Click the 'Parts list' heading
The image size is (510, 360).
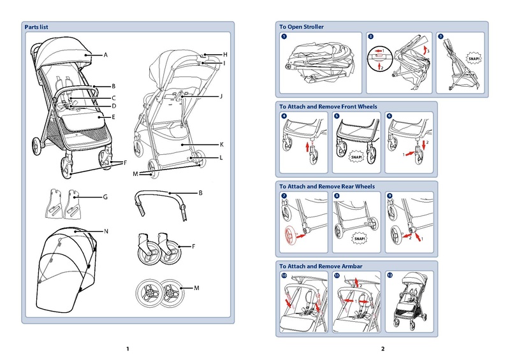click(x=36, y=27)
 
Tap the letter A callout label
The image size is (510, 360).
click(x=106, y=56)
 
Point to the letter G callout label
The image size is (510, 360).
click(x=106, y=198)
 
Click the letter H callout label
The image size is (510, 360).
click(x=225, y=55)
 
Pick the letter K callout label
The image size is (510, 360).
click(x=221, y=144)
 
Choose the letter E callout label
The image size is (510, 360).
click(x=113, y=117)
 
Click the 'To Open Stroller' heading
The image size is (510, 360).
click(x=302, y=27)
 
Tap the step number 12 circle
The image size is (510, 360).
click(x=390, y=275)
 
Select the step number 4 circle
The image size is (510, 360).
click(x=284, y=116)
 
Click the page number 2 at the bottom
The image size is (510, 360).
click(x=382, y=349)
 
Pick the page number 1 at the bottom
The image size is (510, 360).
click(x=127, y=349)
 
